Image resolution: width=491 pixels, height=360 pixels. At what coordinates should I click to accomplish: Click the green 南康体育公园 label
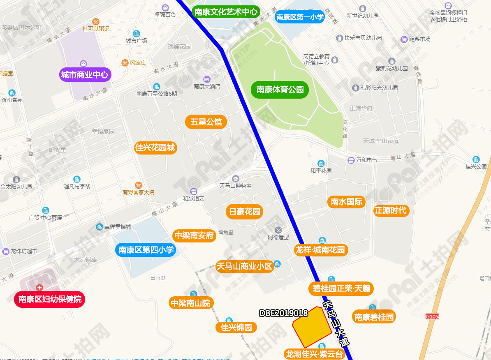tap(280, 90)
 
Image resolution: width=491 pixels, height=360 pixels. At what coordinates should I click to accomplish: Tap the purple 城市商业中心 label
tap(85, 75)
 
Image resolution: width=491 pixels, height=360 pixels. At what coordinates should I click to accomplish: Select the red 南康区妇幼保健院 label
tap(50, 299)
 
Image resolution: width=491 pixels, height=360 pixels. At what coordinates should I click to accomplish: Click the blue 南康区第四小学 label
tap(146, 249)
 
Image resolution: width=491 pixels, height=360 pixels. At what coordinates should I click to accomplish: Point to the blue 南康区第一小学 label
tap(300, 17)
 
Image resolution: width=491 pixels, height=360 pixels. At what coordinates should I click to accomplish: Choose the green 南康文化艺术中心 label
tap(226, 12)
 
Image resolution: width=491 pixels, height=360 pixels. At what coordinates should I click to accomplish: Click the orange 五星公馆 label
tap(206, 122)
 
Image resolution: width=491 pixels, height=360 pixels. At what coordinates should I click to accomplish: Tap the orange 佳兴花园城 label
tap(155, 147)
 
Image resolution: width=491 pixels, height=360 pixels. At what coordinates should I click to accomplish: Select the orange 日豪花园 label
tap(245, 212)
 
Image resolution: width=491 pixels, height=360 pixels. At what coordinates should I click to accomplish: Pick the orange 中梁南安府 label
tap(194, 235)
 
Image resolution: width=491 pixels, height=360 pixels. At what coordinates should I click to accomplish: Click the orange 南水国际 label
tap(347, 202)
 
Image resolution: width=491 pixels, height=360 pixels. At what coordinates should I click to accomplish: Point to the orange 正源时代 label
tap(390, 210)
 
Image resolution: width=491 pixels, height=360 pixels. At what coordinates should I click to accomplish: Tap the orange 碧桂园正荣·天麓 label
tap(341, 288)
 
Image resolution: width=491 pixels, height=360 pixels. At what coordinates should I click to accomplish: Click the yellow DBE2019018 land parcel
tap(311, 327)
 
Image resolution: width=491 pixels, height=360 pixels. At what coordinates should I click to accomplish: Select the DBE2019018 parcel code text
tap(284, 313)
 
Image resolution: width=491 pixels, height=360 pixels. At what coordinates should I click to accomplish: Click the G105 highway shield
tap(432, 316)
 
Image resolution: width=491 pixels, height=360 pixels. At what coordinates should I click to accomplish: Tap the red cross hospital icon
tap(39, 287)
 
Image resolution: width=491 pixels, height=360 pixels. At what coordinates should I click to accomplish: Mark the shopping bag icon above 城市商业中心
tap(83, 63)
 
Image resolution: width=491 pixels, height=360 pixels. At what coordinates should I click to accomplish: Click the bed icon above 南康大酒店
tap(207, 79)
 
